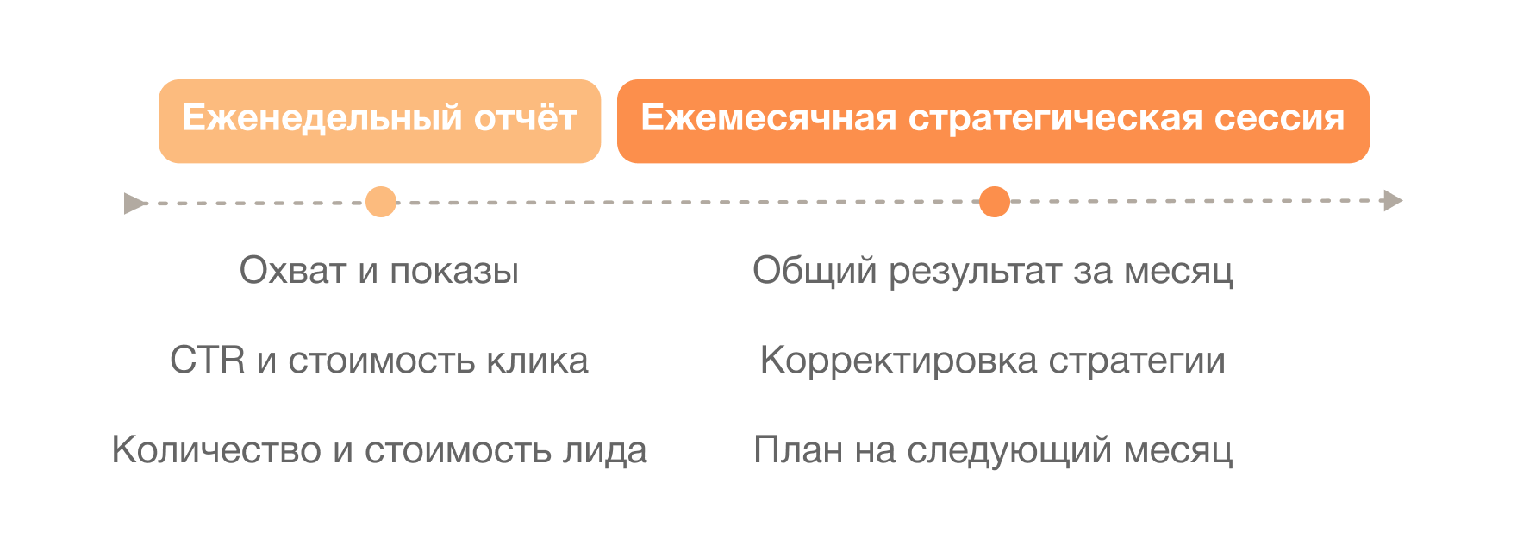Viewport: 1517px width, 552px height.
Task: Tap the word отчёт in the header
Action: (526, 118)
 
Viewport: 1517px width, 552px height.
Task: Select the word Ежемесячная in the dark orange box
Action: (769, 118)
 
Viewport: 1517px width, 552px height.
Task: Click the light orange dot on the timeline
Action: (381, 202)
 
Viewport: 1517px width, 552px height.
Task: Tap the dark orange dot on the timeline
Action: (995, 202)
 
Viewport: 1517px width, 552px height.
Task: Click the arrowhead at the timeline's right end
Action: (1393, 201)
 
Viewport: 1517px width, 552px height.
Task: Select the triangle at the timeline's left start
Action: (134, 204)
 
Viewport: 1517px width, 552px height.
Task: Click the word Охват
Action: (293, 271)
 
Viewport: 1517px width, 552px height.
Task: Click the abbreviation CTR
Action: (208, 361)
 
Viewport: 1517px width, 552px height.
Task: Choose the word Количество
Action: (216, 450)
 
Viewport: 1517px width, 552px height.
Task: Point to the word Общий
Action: (815, 271)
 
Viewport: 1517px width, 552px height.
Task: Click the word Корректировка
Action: (899, 361)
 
